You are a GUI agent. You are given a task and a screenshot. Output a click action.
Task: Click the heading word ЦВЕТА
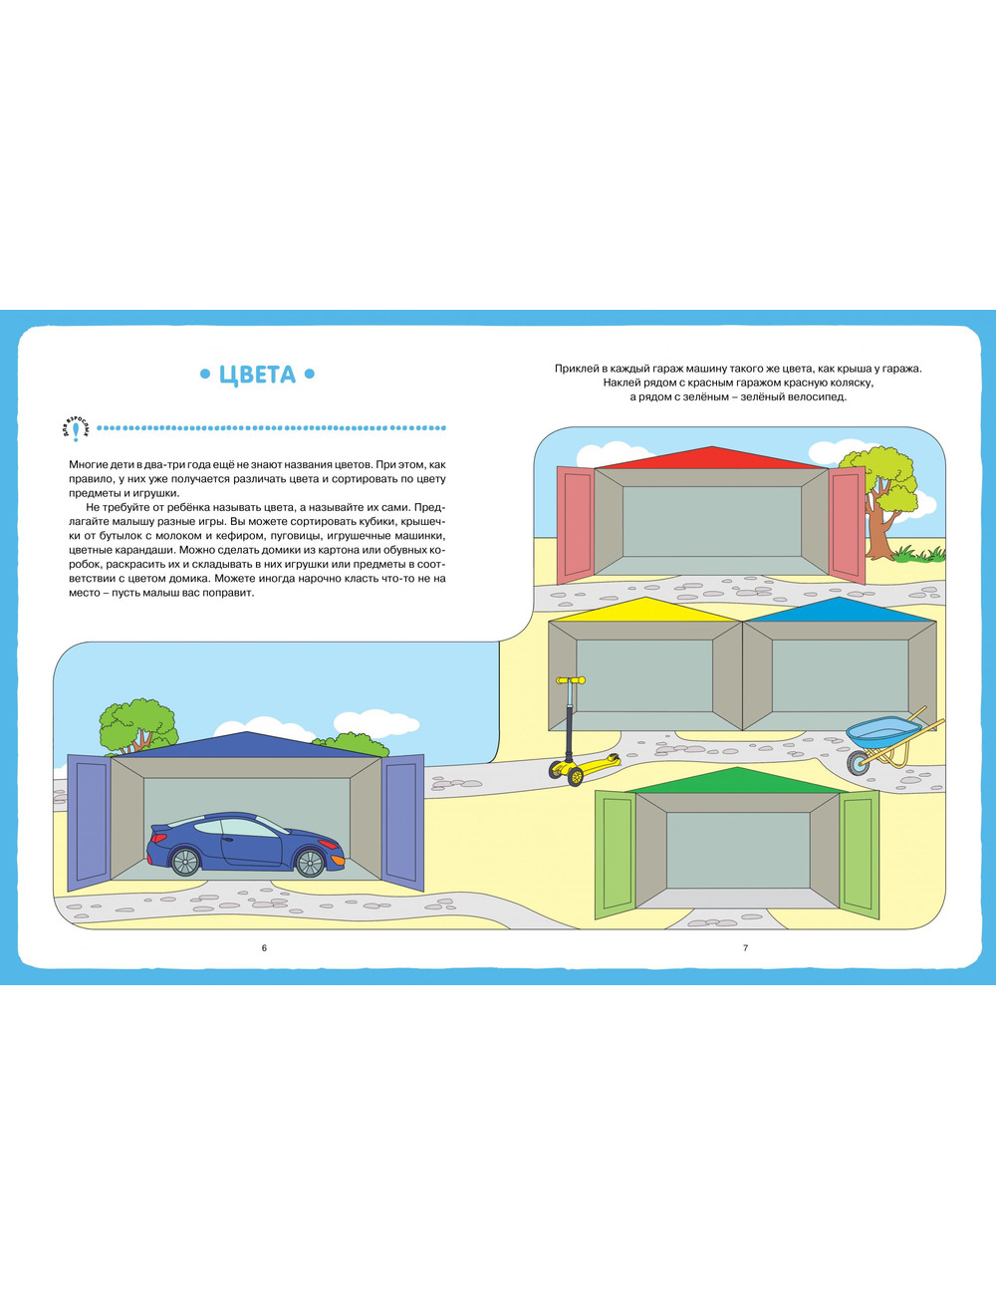coord(257,375)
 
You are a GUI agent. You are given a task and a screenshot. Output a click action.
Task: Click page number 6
coord(265,948)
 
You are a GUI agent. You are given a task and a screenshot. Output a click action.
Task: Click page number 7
coord(745,948)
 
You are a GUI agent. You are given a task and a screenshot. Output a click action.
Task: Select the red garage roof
coord(711,458)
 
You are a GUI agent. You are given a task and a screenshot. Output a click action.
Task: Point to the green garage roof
coord(738,781)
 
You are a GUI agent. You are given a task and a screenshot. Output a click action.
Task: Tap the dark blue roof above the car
coord(247,745)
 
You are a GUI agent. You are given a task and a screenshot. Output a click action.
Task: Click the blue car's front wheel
coord(310,863)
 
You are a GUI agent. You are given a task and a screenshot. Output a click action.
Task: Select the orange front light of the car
coord(338,860)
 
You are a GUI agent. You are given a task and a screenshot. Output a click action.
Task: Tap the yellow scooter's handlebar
coord(571,680)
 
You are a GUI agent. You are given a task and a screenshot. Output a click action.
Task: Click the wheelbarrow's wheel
coord(859,762)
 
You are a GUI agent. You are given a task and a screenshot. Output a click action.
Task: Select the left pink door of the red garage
coord(576,524)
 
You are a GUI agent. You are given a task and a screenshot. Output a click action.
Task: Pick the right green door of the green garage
coord(861,854)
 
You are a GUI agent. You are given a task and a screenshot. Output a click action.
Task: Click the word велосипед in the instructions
coord(820,396)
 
